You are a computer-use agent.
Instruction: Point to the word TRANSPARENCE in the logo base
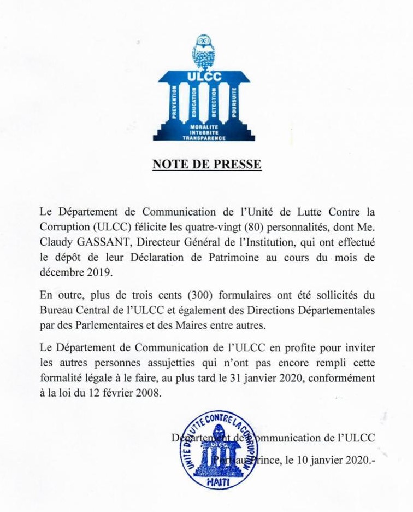(x=204, y=138)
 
